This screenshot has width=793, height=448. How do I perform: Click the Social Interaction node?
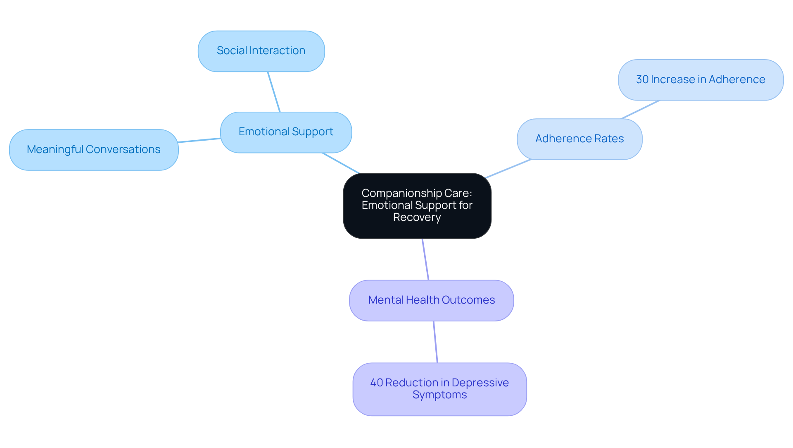click(261, 51)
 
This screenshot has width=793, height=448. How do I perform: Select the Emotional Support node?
click(286, 132)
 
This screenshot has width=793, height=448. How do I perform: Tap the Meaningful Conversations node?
click(94, 150)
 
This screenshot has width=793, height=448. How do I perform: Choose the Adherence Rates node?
click(579, 139)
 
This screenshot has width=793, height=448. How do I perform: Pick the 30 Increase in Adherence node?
click(700, 80)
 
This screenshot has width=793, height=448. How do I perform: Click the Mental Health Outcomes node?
click(431, 300)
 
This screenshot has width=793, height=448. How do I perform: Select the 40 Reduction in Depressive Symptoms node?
click(439, 389)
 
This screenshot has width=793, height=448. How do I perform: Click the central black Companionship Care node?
click(417, 206)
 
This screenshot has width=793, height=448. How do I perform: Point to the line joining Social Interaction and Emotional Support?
click(274, 92)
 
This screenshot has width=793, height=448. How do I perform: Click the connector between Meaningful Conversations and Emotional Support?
click(199, 140)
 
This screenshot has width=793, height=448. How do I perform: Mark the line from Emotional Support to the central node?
click(341, 163)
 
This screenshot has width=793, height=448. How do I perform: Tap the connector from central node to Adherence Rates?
click(508, 169)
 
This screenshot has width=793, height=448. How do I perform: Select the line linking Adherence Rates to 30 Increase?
click(640, 110)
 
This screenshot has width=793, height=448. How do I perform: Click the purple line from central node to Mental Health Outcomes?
click(425, 259)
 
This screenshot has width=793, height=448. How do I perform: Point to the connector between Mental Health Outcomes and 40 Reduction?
click(435, 342)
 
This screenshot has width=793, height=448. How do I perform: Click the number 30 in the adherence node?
click(642, 79)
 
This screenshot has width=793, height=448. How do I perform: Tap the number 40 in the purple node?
click(376, 383)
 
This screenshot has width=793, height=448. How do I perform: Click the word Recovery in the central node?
click(417, 218)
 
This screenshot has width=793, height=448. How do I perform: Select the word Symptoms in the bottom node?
click(439, 395)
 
